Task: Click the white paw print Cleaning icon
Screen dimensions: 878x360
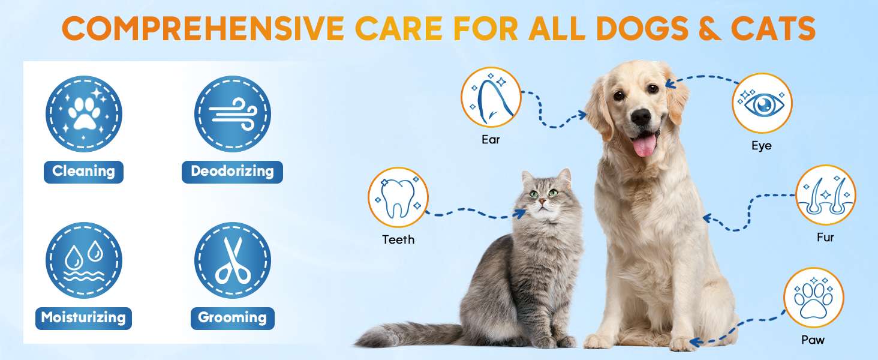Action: coord(83,114)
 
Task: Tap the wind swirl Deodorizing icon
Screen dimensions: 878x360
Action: coord(233,114)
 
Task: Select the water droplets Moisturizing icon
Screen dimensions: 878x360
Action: coord(83,260)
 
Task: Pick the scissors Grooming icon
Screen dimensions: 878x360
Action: coord(233,260)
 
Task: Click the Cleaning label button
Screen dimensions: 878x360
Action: coord(83,172)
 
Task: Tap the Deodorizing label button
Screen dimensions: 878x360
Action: coord(232,172)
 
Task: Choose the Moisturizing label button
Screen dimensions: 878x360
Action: coord(83,318)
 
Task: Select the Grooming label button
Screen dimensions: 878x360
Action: coord(233,318)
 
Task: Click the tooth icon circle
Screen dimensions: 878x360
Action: coord(398,197)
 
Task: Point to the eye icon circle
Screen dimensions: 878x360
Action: coord(762,103)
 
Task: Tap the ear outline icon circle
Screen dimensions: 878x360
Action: coord(491,97)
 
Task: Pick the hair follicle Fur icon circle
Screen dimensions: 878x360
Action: coord(825,195)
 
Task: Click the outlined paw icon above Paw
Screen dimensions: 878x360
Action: coord(814,298)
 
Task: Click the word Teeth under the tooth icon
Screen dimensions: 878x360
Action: coord(398,239)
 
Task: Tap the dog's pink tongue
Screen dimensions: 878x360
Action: coord(644,145)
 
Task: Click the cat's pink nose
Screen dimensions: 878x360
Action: coord(542,201)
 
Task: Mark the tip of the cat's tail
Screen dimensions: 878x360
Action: coord(355,344)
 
